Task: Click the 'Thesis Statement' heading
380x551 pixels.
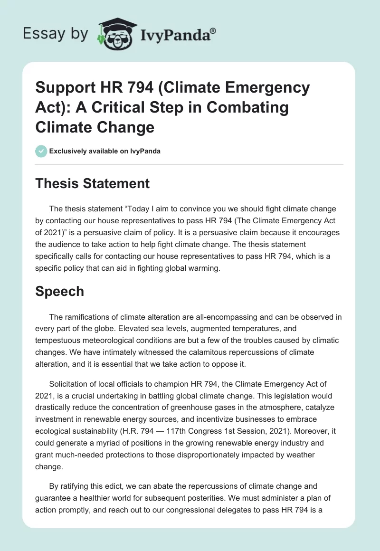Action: click(x=92, y=183)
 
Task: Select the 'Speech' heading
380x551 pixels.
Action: click(x=60, y=291)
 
